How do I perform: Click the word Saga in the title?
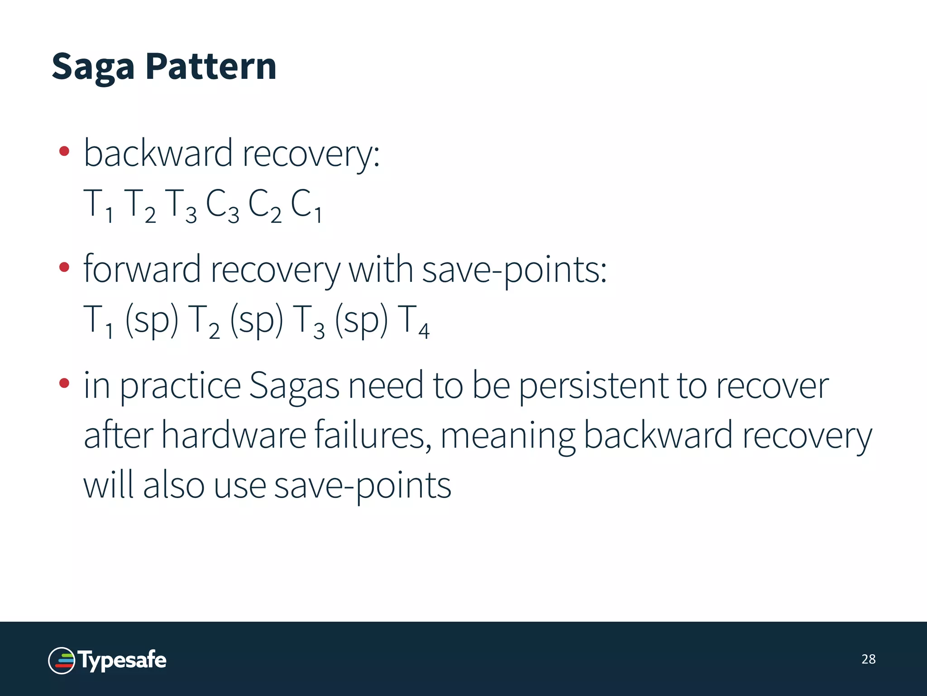93,67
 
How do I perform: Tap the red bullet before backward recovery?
64,151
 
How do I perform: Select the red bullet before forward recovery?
64,267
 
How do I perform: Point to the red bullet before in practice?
64,384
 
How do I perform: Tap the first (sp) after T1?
152,320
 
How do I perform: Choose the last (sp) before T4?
361,320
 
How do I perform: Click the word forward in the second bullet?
142,269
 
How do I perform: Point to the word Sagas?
294,386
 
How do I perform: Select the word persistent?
593,386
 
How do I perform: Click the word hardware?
234,435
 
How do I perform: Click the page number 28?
868,659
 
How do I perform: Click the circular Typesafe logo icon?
62,661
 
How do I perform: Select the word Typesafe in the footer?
123,660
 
